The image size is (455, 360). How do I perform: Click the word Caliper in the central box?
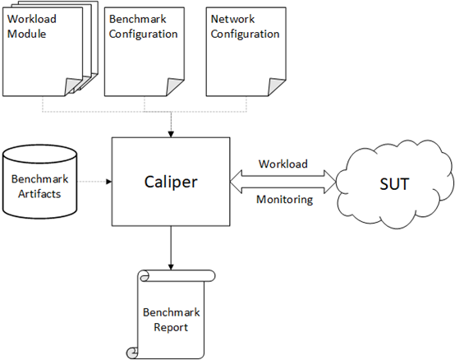(170, 180)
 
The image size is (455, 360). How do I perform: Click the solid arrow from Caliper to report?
(170, 247)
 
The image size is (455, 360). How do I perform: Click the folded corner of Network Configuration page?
(272, 86)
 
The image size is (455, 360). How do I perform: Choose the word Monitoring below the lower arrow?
(284, 200)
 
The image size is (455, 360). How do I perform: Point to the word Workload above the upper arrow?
(283, 164)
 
